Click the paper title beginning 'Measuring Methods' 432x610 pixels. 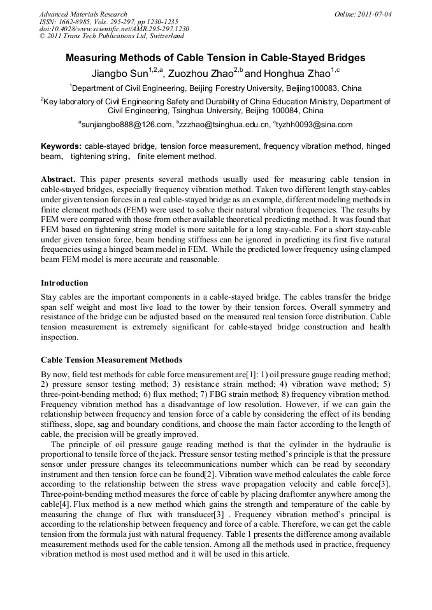point(215,57)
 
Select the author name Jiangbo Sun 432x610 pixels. point(120,73)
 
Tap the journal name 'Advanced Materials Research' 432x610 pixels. point(83,14)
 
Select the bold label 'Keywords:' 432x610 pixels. point(61,146)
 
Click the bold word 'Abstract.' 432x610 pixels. point(58,179)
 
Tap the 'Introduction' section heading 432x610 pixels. point(64,283)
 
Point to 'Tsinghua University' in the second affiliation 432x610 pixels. point(234,110)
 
